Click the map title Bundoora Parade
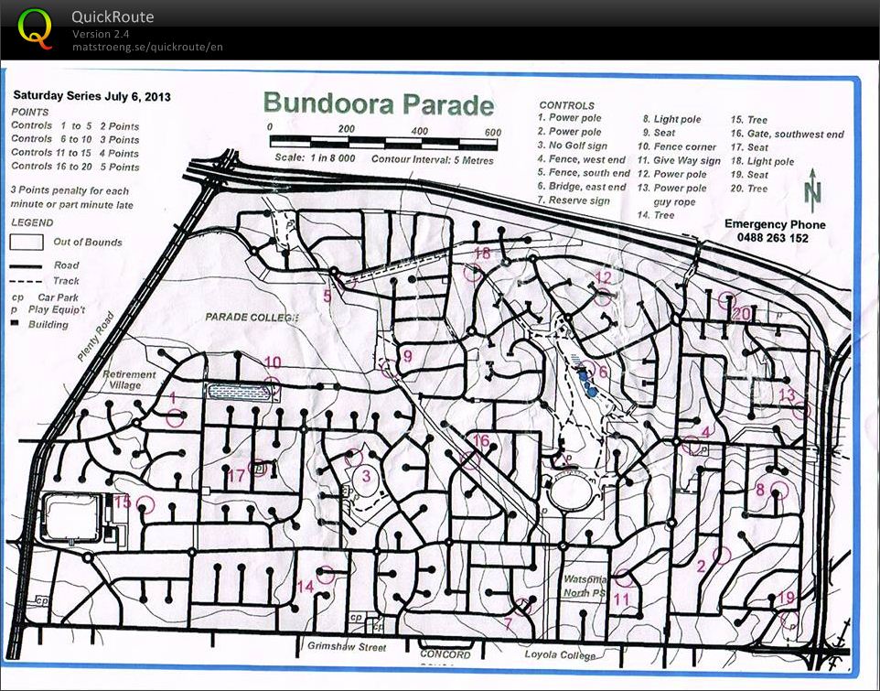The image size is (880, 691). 378,104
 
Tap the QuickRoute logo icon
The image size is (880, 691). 36,29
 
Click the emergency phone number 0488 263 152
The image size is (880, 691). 774,238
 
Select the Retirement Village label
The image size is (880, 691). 129,380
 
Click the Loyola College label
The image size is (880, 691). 559,655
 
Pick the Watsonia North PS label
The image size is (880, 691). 586,584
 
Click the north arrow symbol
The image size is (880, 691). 811,193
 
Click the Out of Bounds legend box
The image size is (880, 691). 27,243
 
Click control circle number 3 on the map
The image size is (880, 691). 354,458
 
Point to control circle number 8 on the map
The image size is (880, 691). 779,489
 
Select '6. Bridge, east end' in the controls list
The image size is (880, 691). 582,186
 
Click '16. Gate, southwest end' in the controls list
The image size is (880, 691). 787,134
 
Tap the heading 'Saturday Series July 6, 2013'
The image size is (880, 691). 91,95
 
